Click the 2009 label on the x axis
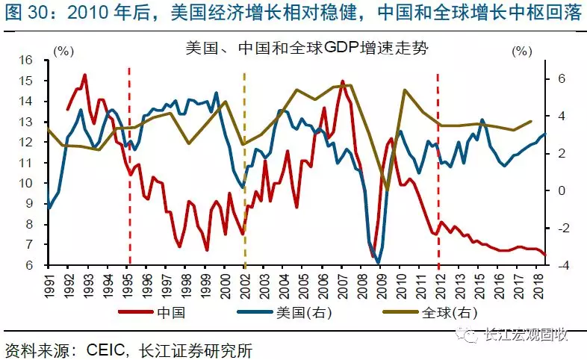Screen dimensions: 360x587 coord(380,285)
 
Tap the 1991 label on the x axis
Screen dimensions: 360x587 coord(49,285)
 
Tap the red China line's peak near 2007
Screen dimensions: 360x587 coord(342,81)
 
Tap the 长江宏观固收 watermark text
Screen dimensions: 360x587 coord(531,336)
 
